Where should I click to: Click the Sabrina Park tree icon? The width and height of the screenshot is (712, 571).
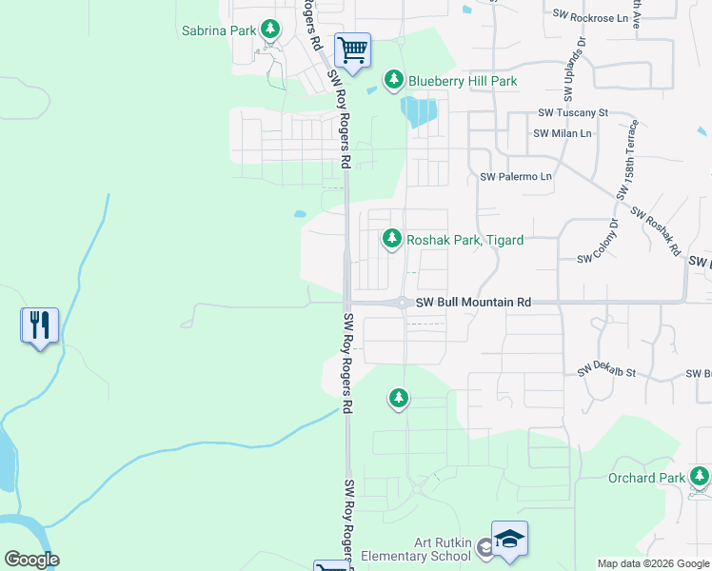click(270, 30)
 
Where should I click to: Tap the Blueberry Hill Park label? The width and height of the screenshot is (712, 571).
click(463, 81)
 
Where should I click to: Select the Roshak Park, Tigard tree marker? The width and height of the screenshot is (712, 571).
click(391, 239)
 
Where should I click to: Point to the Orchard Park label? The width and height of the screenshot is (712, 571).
click(646, 478)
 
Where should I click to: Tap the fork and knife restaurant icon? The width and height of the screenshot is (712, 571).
click(39, 325)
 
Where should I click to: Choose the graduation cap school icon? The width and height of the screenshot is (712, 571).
click(509, 539)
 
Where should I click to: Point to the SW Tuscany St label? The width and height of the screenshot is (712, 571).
click(573, 112)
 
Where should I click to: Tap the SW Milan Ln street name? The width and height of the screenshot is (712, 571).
click(563, 133)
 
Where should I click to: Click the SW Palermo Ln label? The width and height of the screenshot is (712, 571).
click(516, 177)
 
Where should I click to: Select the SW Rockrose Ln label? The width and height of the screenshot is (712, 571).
click(591, 16)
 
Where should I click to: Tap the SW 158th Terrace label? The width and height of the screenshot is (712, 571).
click(628, 158)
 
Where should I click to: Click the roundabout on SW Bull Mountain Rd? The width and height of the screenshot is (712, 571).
click(403, 303)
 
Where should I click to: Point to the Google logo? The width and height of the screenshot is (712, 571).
click(31, 560)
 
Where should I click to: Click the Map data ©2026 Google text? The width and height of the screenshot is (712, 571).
click(652, 563)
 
